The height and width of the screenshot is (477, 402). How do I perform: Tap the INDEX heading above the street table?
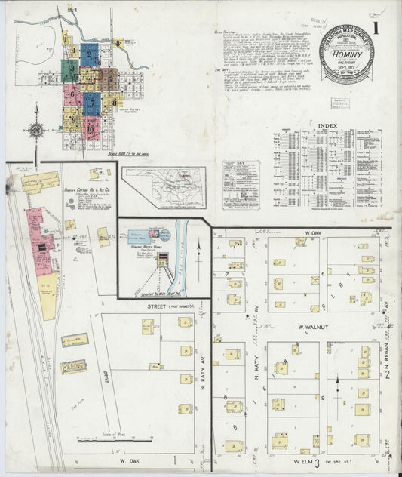327,125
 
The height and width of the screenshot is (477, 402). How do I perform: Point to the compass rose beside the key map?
35,130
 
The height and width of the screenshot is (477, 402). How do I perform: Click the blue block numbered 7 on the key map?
92,101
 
